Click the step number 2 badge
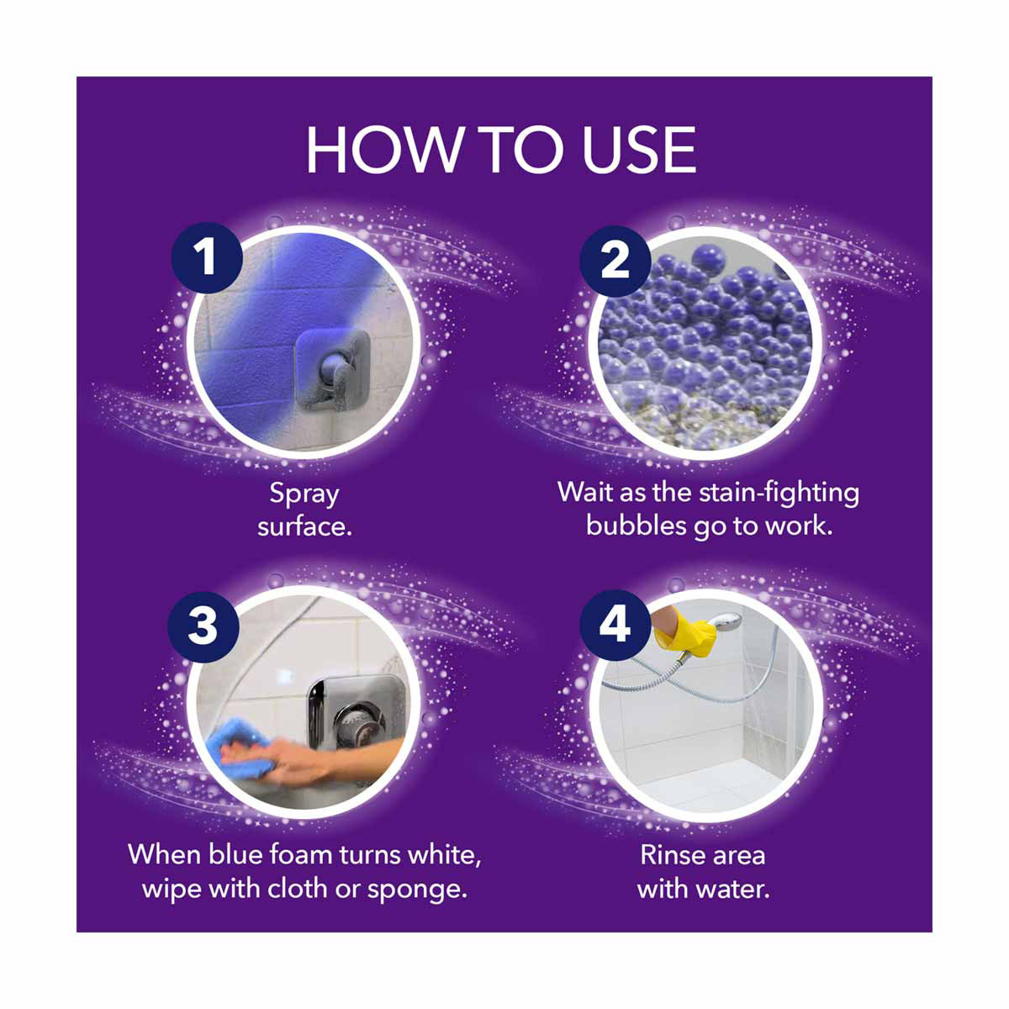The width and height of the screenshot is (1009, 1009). (615, 260)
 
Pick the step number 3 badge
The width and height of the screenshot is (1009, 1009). (203, 626)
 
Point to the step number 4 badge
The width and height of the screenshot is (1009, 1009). (615, 626)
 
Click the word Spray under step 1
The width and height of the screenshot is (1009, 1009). (304, 494)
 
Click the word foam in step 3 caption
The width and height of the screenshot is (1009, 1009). (300, 855)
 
